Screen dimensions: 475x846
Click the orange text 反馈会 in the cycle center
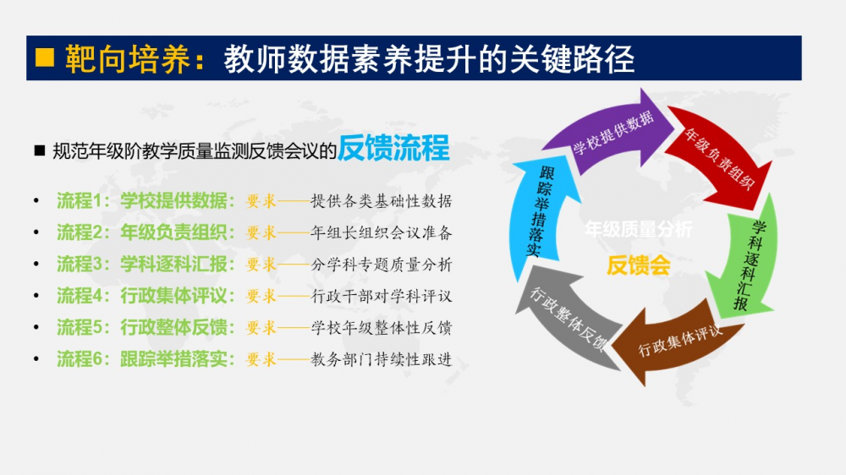638,265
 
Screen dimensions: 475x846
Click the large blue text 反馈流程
393,149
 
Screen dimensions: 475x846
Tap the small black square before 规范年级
39,150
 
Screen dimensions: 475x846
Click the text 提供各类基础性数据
382,201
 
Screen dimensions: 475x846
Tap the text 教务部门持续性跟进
382,359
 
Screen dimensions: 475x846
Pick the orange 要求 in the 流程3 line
261,265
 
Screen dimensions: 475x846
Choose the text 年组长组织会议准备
382,232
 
